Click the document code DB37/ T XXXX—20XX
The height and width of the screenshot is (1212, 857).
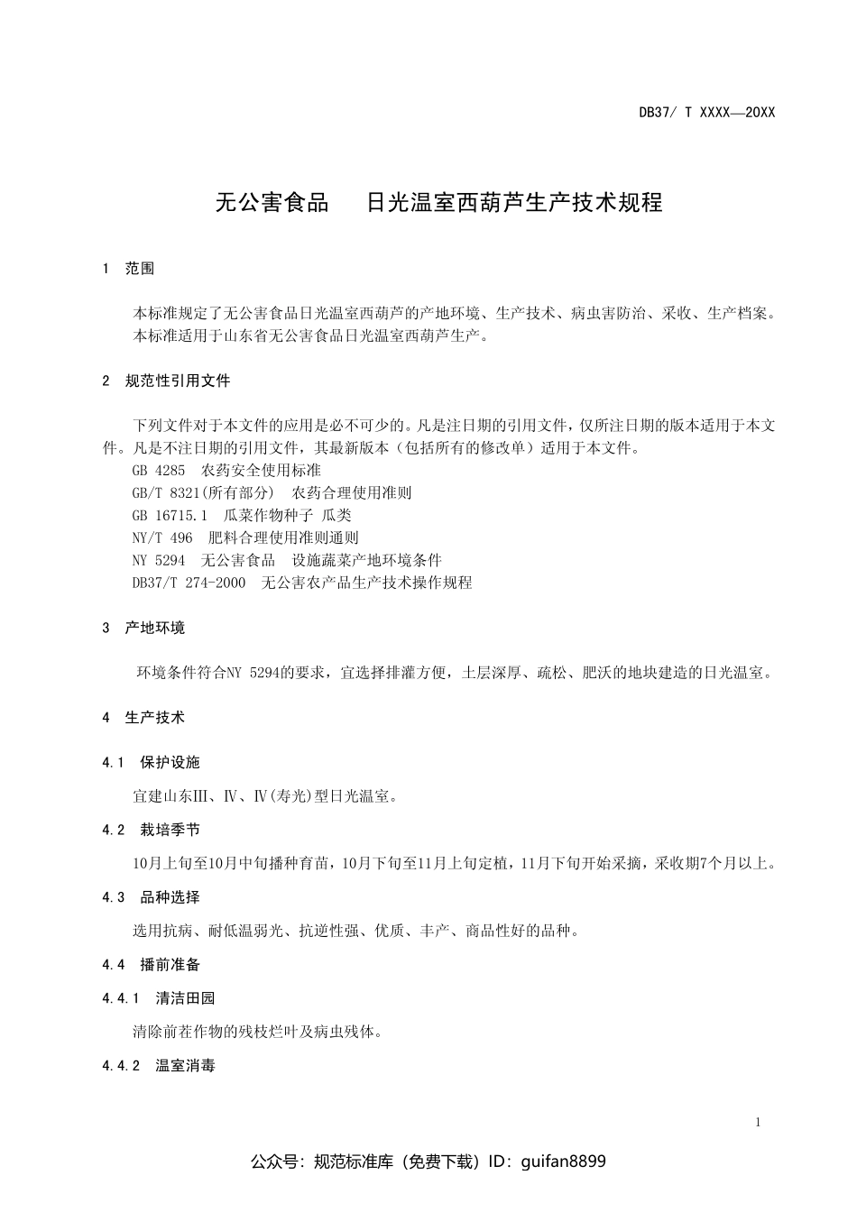pyautogui.click(x=706, y=113)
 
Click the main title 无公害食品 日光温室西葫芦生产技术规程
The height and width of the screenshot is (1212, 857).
pyautogui.click(x=438, y=203)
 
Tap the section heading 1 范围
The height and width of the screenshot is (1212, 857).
pyautogui.click(x=129, y=269)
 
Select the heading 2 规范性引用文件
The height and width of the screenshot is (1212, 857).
pyautogui.click(x=167, y=381)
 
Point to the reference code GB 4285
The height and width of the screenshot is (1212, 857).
pyautogui.click(x=159, y=471)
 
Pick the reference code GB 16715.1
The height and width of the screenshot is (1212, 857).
pyautogui.click(x=170, y=516)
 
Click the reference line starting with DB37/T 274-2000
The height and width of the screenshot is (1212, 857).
pyautogui.click(x=302, y=583)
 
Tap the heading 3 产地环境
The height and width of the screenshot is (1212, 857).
pyautogui.click(x=144, y=628)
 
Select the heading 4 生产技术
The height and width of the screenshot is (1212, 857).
pyautogui.click(x=144, y=718)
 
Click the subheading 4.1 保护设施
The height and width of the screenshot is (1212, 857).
pyautogui.click(x=152, y=763)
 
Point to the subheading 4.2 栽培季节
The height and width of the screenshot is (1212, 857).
pyautogui.click(x=152, y=831)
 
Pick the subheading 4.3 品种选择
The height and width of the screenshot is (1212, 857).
pyautogui.click(x=152, y=897)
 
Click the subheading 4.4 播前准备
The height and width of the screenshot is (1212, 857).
pyautogui.click(x=152, y=965)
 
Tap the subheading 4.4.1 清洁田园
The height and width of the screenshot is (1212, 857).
pyautogui.click(x=160, y=998)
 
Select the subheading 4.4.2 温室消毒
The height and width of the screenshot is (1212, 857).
pyautogui.click(x=160, y=1066)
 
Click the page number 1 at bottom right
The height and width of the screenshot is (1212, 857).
pyautogui.click(x=758, y=1123)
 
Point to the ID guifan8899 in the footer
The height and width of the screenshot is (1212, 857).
pyautogui.click(x=563, y=1161)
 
